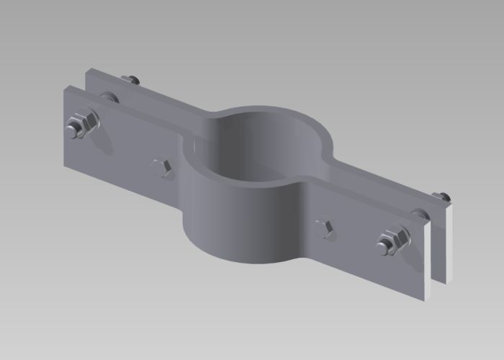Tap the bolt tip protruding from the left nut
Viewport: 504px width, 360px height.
click(73, 130)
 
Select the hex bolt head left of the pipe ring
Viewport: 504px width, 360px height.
click(161, 168)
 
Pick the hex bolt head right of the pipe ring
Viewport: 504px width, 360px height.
click(325, 229)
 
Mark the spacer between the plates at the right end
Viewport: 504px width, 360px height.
click(419, 214)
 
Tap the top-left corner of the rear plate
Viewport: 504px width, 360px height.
click(87, 69)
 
